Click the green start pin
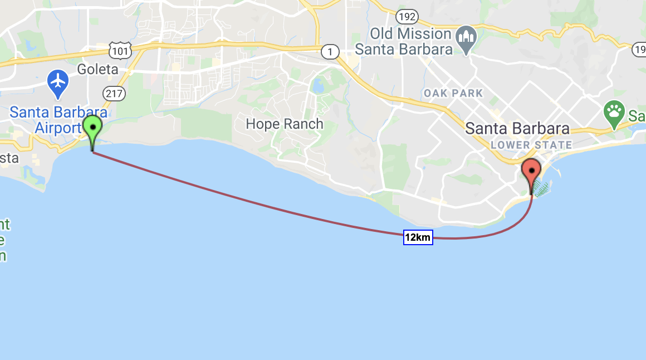pyautogui.click(x=92, y=129)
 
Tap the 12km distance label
pyautogui.click(x=418, y=238)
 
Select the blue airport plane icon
pyautogui.click(x=57, y=82)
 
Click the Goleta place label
pyautogui.click(x=97, y=70)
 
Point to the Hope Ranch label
pyautogui.click(x=285, y=124)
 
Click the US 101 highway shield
pyautogui.click(x=121, y=51)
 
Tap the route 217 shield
pyautogui.click(x=114, y=94)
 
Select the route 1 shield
pyautogui.click(x=330, y=52)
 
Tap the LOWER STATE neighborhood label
pyautogui.click(x=531, y=145)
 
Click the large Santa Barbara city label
pyautogui.click(x=517, y=129)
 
